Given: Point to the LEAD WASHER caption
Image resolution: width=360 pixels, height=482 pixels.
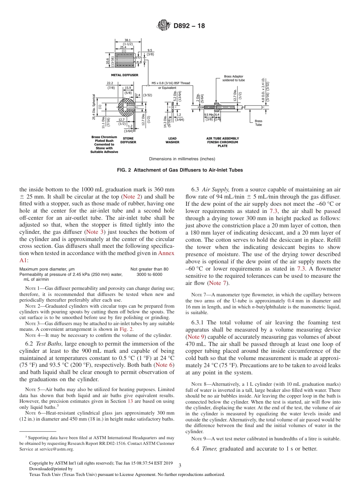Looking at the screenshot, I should [172, 140].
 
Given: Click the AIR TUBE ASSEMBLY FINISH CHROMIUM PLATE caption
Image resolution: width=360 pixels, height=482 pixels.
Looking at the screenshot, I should [222, 142].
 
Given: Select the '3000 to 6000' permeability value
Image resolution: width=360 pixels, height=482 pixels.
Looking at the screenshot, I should [149, 274].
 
